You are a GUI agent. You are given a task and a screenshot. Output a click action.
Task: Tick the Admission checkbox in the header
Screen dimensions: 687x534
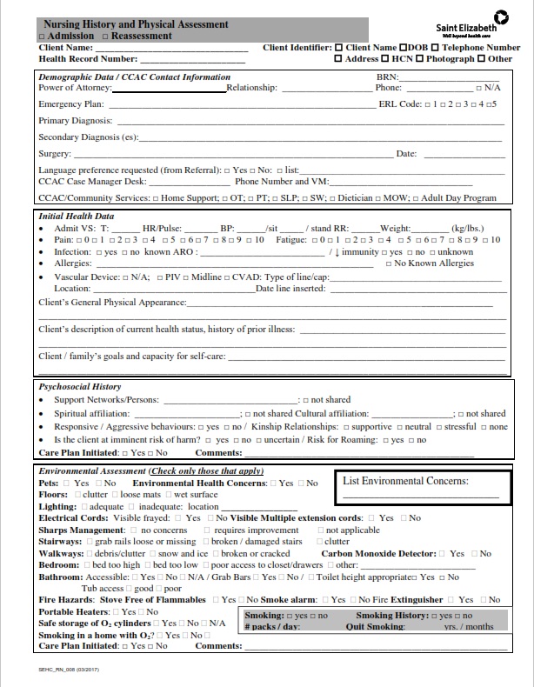pyautogui.click(x=43, y=37)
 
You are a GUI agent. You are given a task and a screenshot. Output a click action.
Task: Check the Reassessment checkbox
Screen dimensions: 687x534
pyautogui.click(x=104, y=37)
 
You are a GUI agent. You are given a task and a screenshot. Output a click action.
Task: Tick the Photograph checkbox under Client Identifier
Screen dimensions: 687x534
pyautogui.click(x=419, y=59)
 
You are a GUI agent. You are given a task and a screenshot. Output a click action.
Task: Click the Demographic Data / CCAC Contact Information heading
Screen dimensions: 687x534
pyautogui.click(x=134, y=77)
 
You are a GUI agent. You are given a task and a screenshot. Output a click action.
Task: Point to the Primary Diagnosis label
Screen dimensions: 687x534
pyautogui.click(x=75, y=120)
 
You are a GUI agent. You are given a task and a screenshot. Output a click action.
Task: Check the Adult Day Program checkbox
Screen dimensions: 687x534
pyautogui.click(x=415, y=198)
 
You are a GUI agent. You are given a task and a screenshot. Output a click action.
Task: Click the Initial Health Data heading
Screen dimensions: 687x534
pyautogui.click(x=77, y=217)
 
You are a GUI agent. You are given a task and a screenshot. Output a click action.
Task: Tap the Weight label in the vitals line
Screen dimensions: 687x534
pyautogui.click(x=395, y=227)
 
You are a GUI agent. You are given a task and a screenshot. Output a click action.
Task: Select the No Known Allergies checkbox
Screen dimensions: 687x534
pyautogui.click(x=388, y=263)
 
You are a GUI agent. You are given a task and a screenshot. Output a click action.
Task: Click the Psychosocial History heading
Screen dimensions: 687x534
pyautogui.click(x=80, y=386)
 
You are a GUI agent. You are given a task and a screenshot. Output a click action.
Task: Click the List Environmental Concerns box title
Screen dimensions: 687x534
pyautogui.click(x=405, y=481)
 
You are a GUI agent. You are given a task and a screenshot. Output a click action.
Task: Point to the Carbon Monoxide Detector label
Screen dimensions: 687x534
pyautogui.click(x=378, y=553)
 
